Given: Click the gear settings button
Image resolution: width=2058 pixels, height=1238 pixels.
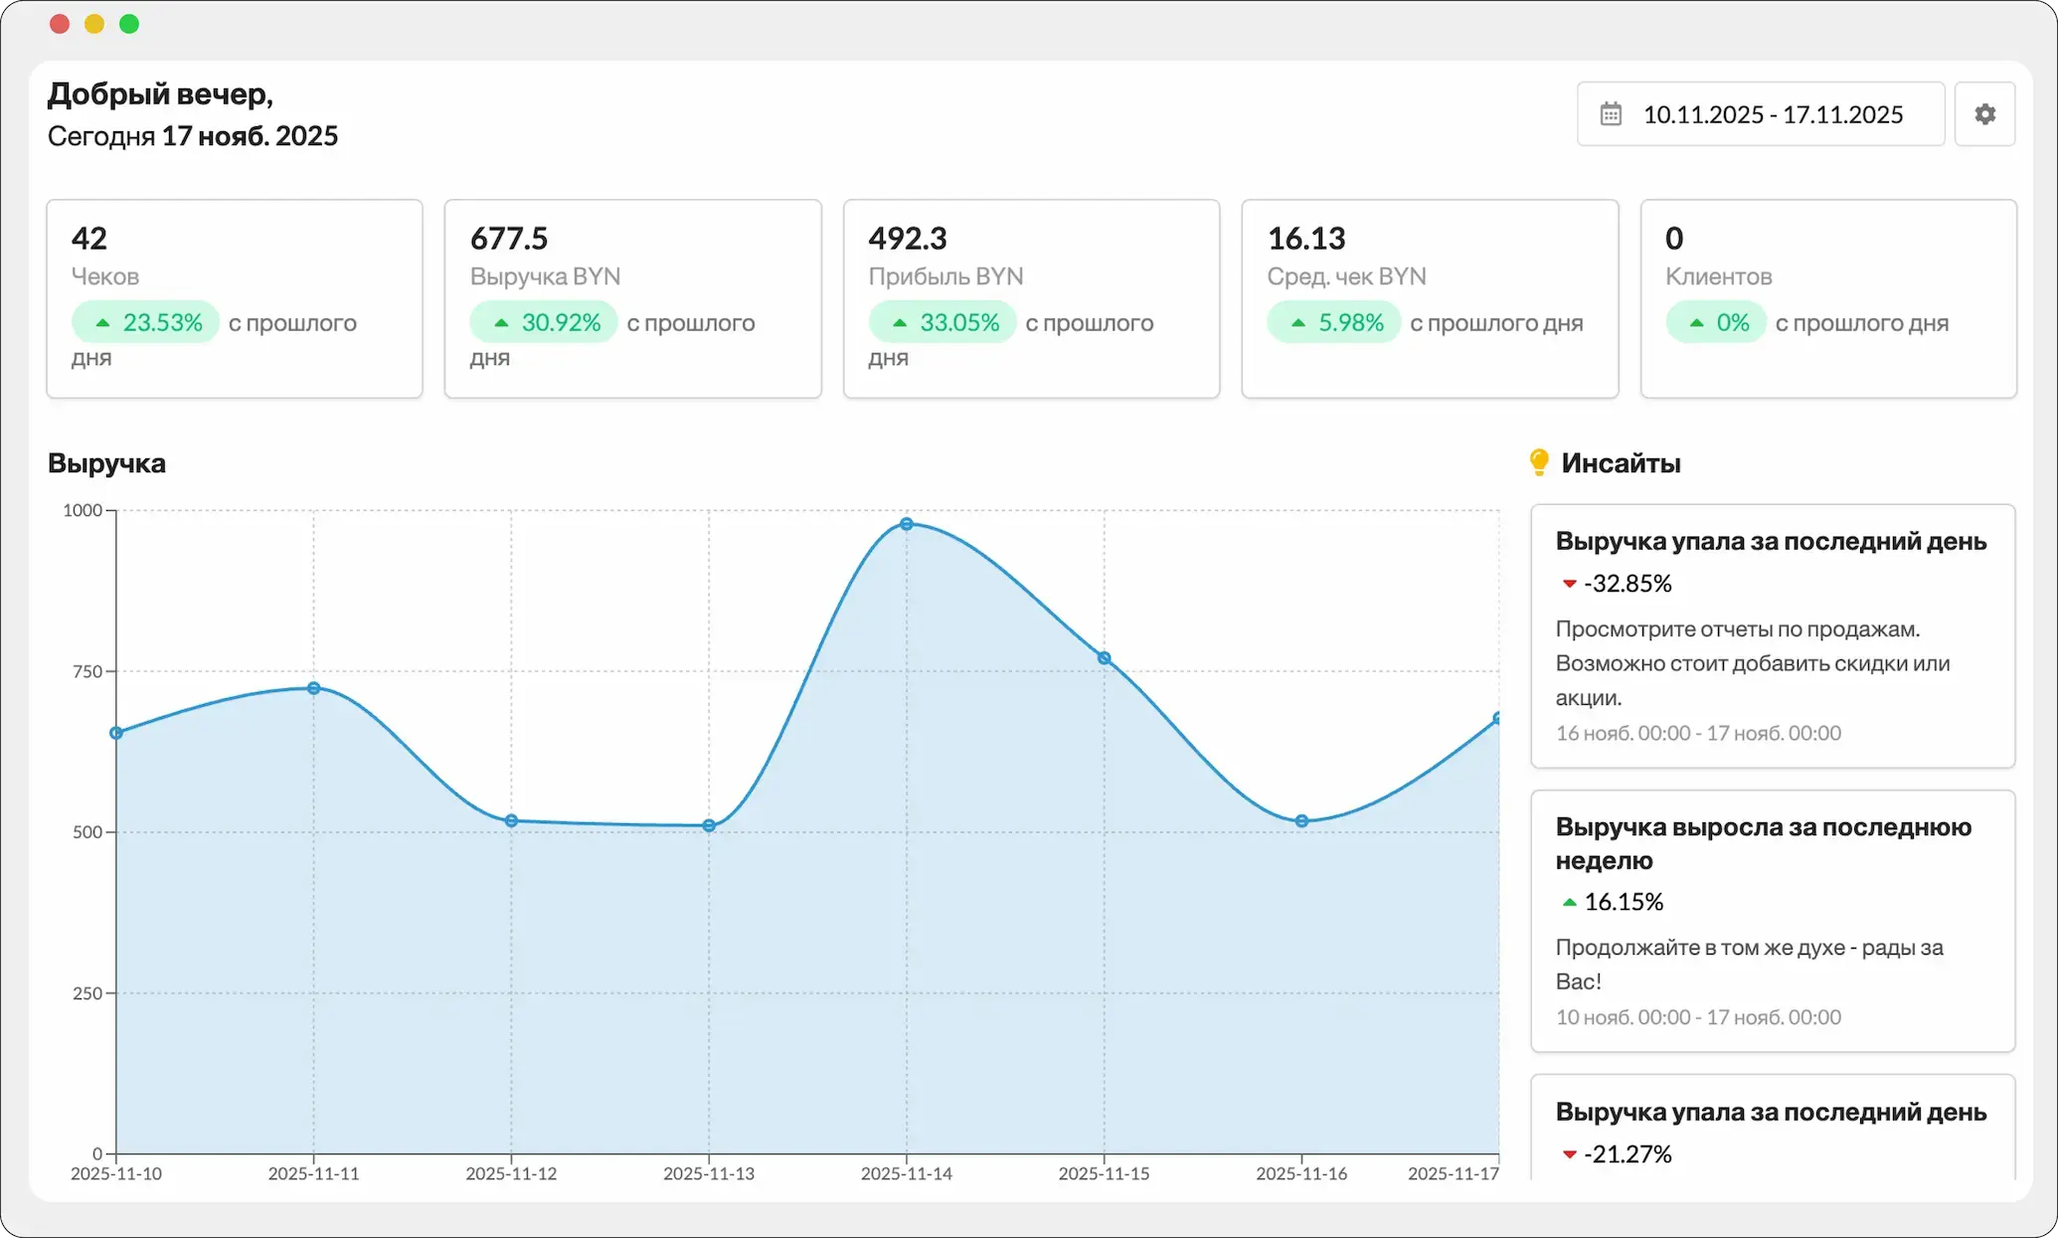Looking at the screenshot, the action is [1984, 114].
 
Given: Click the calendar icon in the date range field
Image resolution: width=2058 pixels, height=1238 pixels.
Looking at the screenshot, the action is [1611, 114].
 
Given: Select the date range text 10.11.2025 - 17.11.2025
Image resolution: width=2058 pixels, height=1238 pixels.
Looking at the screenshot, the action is [1773, 114].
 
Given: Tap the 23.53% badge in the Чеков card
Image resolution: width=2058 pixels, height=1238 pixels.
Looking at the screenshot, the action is [145, 322].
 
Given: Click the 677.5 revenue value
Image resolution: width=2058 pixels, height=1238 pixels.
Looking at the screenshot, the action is [509, 239].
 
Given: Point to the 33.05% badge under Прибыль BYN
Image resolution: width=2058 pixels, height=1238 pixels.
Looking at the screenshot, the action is [943, 322].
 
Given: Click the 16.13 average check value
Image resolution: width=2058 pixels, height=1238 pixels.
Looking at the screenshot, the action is [1306, 239].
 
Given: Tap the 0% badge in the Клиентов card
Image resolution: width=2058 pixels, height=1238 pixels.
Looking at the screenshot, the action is [1716, 322].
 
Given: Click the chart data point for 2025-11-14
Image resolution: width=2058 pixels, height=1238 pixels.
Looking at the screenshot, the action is [907, 524].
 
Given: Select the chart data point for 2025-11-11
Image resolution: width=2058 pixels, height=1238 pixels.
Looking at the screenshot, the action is [314, 688].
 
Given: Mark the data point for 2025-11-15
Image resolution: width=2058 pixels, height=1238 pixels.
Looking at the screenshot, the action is [1105, 658].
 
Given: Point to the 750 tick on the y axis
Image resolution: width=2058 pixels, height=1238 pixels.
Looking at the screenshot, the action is [87, 671].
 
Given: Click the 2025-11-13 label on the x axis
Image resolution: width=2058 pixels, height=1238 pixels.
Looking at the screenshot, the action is [709, 1173].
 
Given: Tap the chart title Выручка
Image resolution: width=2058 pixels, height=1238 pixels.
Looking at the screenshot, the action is [106, 463].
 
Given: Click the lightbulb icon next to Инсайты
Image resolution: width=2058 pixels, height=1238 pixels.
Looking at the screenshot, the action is [1539, 462].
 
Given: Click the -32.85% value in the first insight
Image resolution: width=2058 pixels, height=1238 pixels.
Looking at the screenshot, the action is [1628, 584].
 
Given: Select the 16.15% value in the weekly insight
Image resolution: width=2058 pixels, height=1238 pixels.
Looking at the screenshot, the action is [1624, 902].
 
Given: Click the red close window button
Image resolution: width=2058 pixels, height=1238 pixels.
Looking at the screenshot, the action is [60, 24].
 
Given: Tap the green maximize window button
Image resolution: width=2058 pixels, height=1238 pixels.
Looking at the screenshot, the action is [129, 24].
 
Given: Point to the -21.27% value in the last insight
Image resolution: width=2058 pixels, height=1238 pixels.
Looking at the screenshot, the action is [1628, 1154].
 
